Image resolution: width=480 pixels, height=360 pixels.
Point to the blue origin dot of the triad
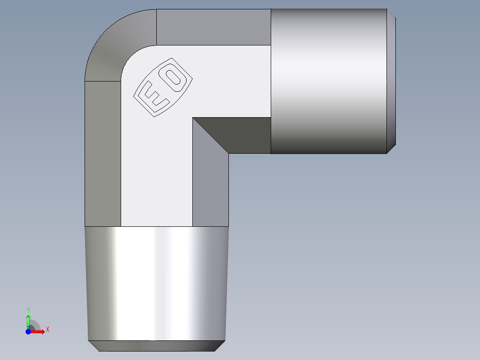click(28, 331)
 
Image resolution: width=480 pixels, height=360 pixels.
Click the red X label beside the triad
click(47, 329)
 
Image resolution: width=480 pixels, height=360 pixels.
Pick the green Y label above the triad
click(28, 310)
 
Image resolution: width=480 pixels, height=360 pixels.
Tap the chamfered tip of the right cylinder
click(391, 82)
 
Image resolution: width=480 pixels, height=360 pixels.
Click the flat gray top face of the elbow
click(214, 27)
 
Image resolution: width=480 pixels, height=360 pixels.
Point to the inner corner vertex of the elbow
click(193, 118)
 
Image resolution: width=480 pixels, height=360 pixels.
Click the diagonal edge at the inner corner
click(211, 136)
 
